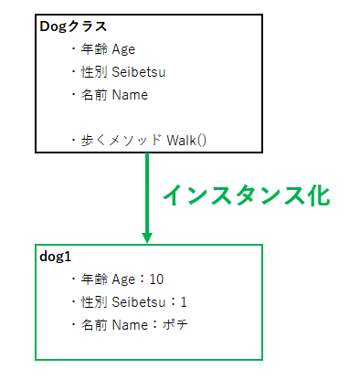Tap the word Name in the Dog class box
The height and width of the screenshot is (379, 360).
(130, 94)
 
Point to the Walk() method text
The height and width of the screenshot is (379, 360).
(187, 140)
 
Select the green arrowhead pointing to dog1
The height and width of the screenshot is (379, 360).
(147, 236)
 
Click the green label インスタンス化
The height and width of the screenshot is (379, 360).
(244, 195)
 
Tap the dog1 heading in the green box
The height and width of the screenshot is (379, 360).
(56, 258)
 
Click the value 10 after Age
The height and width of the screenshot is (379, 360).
(155, 279)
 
